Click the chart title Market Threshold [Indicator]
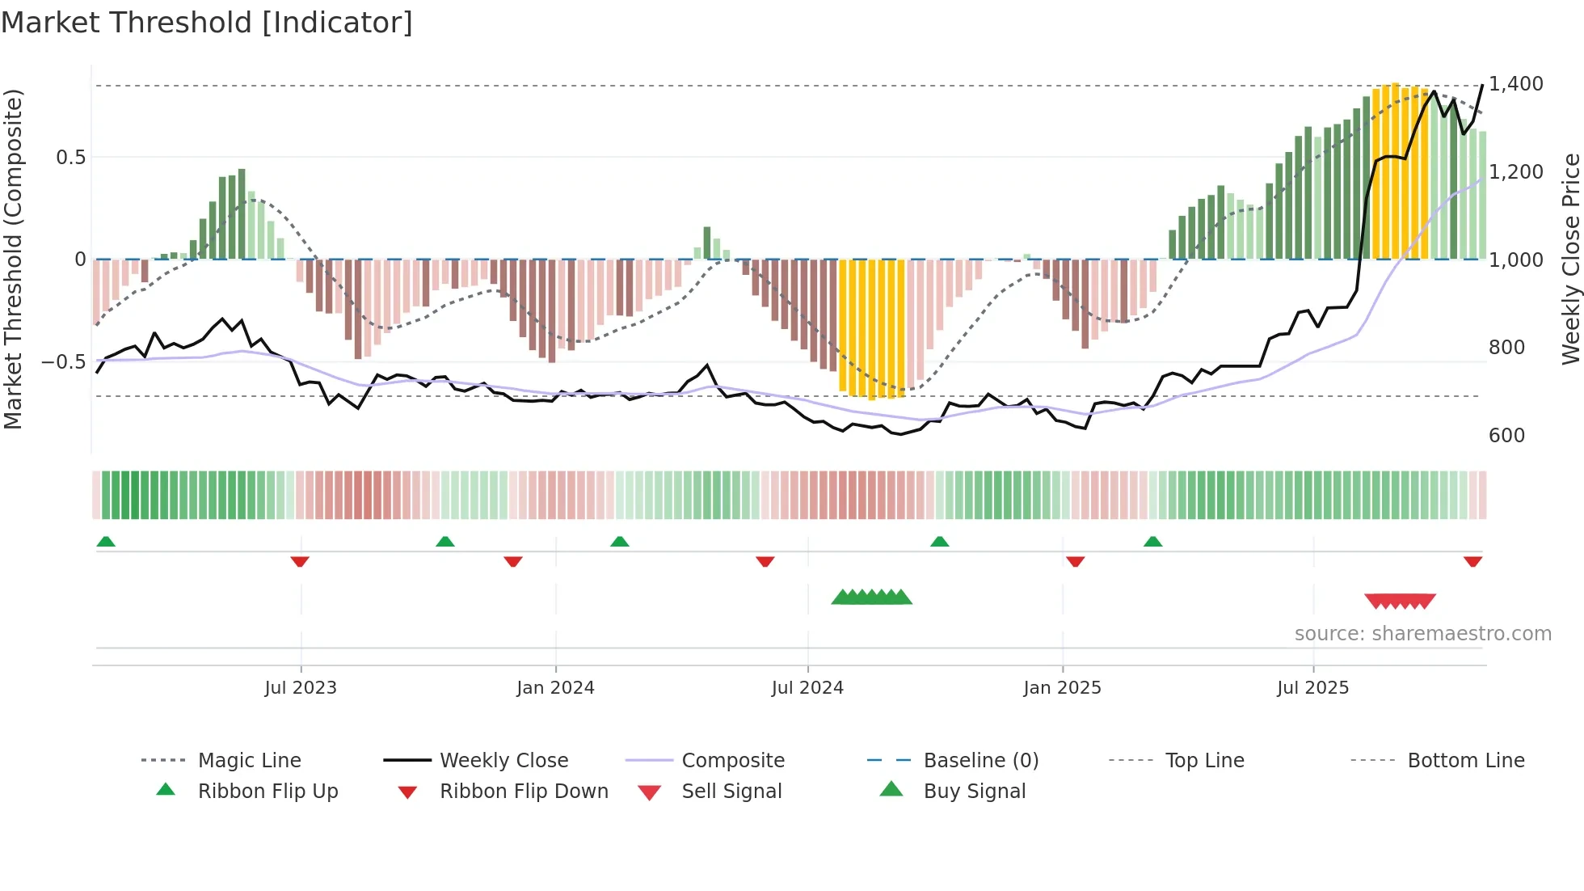(207, 23)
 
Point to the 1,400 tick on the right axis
(1515, 84)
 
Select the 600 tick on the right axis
(1506, 436)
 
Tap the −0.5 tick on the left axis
(64, 361)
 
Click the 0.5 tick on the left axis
(70, 157)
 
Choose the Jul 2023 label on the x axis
(301, 688)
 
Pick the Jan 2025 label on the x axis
(1062, 688)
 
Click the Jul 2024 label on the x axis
(807, 688)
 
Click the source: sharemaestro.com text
(1422, 634)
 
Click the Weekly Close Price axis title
(1570, 259)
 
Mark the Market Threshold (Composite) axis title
(13, 259)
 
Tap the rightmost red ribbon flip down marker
(1472, 561)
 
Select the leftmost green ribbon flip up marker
(106, 542)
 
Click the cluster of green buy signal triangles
(871, 598)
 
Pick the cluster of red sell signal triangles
(1400, 602)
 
